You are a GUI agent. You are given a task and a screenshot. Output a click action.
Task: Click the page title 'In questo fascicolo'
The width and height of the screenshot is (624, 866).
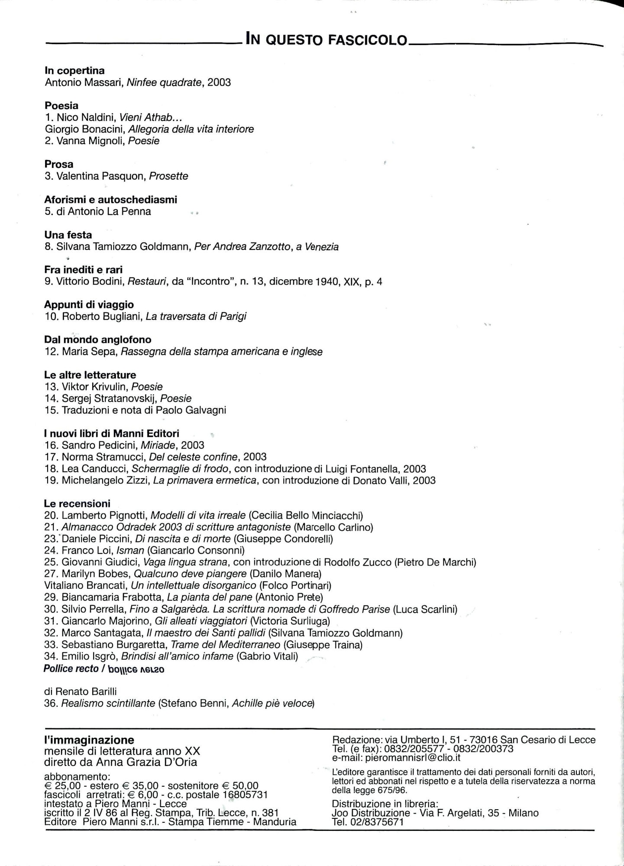[x=326, y=39]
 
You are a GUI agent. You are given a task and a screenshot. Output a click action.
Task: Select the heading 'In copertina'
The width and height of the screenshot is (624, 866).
[x=74, y=71]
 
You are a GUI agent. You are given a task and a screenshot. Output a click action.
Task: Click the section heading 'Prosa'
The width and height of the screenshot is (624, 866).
[x=59, y=164]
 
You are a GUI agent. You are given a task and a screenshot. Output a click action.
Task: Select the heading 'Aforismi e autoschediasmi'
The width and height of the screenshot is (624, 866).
[x=111, y=200]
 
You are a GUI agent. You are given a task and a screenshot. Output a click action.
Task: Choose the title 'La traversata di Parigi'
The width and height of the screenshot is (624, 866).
[x=196, y=316]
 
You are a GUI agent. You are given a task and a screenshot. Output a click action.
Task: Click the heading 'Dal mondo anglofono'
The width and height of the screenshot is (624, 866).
[x=98, y=339]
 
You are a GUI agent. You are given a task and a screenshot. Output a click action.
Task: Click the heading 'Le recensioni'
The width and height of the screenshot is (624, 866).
[x=77, y=504]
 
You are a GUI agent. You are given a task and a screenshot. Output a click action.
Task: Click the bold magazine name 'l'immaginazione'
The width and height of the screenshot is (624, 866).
[x=89, y=740]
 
